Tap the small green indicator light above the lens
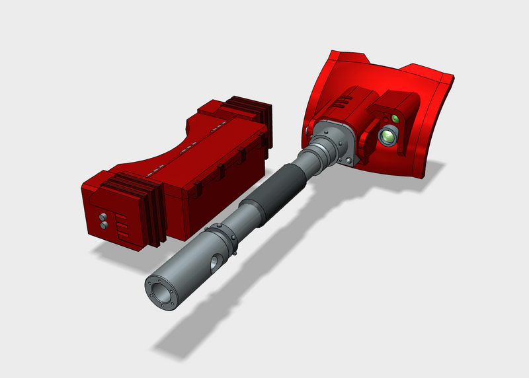[x=394, y=119]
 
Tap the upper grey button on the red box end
[x=103, y=216]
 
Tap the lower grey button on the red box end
[x=104, y=225]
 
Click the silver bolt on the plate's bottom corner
[x=345, y=160]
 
